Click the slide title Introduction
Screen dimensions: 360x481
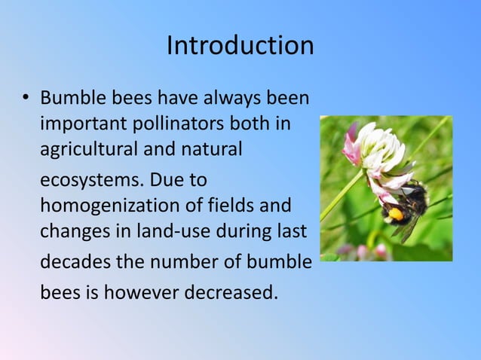(240, 45)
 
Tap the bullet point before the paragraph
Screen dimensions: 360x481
(24, 99)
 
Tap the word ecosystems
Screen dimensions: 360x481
(91, 181)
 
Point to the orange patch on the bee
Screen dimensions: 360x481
(396, 215)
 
